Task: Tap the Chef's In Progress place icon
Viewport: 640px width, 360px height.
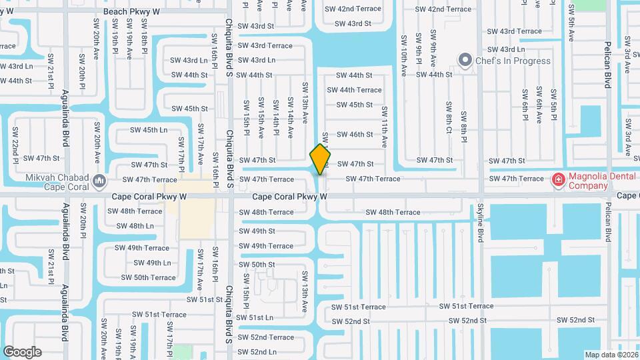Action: coord(465,61)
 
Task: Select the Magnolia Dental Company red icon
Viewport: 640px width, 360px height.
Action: coord(557,179)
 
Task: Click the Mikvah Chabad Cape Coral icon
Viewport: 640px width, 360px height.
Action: coord(99,180)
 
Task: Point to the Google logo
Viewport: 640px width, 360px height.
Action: coord(22,351)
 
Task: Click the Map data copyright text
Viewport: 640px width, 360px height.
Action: coord(611,354)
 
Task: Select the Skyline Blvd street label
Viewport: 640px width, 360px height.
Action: coord(479,232)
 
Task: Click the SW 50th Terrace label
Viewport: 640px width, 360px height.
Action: coord(148,277)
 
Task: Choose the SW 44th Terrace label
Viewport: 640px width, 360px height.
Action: coord(360,90)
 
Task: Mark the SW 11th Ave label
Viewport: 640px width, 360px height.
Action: coord(385,125)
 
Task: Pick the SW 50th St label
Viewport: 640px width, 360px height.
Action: coord(257,265)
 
